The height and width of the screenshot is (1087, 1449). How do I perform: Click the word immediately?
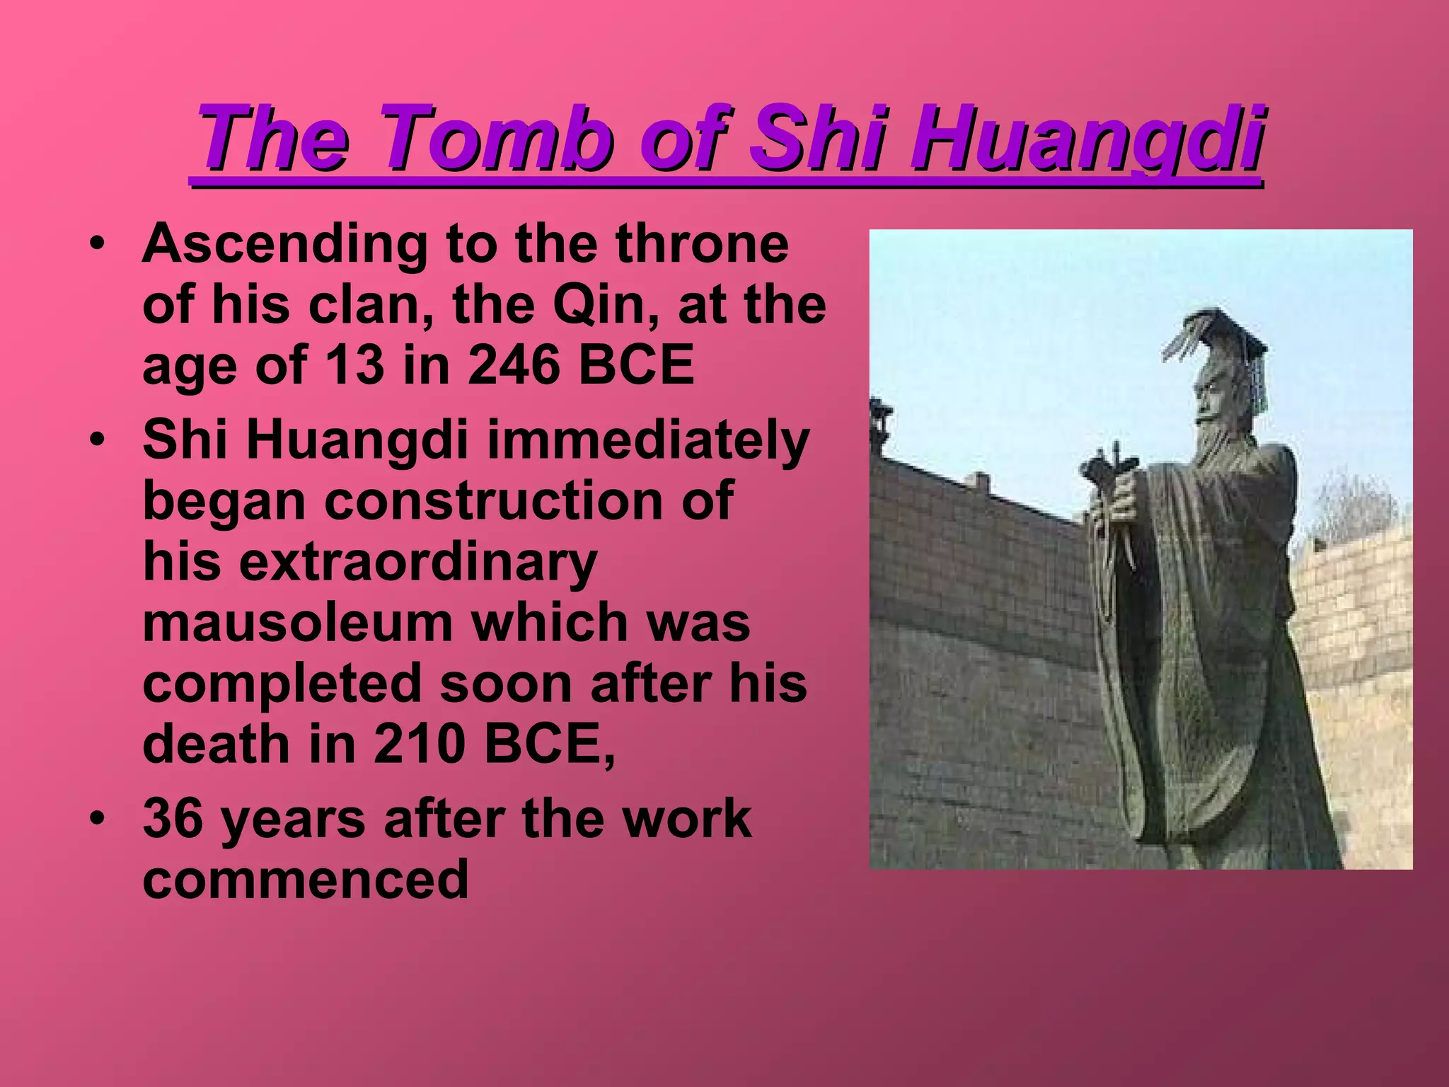click(x=647, y=440)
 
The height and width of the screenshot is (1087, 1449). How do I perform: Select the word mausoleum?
click(x=298, y=623)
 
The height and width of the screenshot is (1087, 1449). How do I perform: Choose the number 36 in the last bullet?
click(x=173, y=819)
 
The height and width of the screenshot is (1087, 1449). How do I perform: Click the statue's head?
click(x=1213, y=396)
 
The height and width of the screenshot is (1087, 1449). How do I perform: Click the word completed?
click(x=282, y=684)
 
